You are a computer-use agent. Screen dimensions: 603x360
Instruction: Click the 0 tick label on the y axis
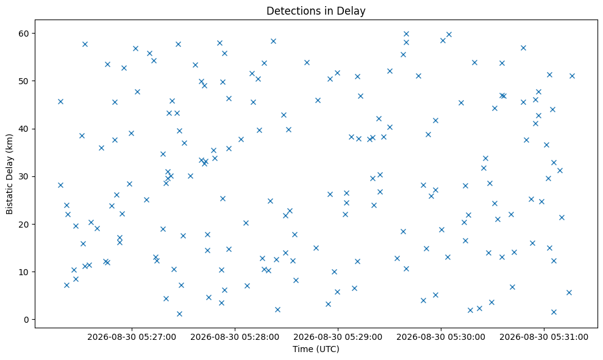pyautogui.click(x=27, y=320)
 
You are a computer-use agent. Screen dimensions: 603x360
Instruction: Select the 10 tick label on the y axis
pyautogui.click(x=24, y=272)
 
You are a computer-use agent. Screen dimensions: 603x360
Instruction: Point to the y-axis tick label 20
pyautogui.click(x=24, y=224)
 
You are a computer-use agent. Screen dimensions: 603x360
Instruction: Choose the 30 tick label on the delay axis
pyautogui.click(x=24, y=176)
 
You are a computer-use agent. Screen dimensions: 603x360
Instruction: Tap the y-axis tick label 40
pyautogui.click(x=24, y=129)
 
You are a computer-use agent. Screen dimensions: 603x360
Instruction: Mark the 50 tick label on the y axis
pyautogui.click(x=24, y=81)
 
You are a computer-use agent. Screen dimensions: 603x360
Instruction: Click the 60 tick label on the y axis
pyautogui.click(x=24, y=34)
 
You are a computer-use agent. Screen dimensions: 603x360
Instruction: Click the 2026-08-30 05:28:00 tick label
pyautogui.click(x=235, y=337)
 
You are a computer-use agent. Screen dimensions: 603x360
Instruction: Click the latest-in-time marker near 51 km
pyautogui.click(x=573, y=76)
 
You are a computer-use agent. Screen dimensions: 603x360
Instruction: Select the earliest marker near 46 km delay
pyautogui.click(x=60, y=102)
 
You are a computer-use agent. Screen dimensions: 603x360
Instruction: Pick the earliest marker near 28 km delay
pyautogui.click(x=60, y=185)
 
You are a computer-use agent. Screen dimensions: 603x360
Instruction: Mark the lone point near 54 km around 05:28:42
pyautogui.click(x=307, y=62)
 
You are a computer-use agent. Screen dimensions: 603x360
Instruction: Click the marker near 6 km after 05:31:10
pyautogui.click(x=569, y=293)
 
